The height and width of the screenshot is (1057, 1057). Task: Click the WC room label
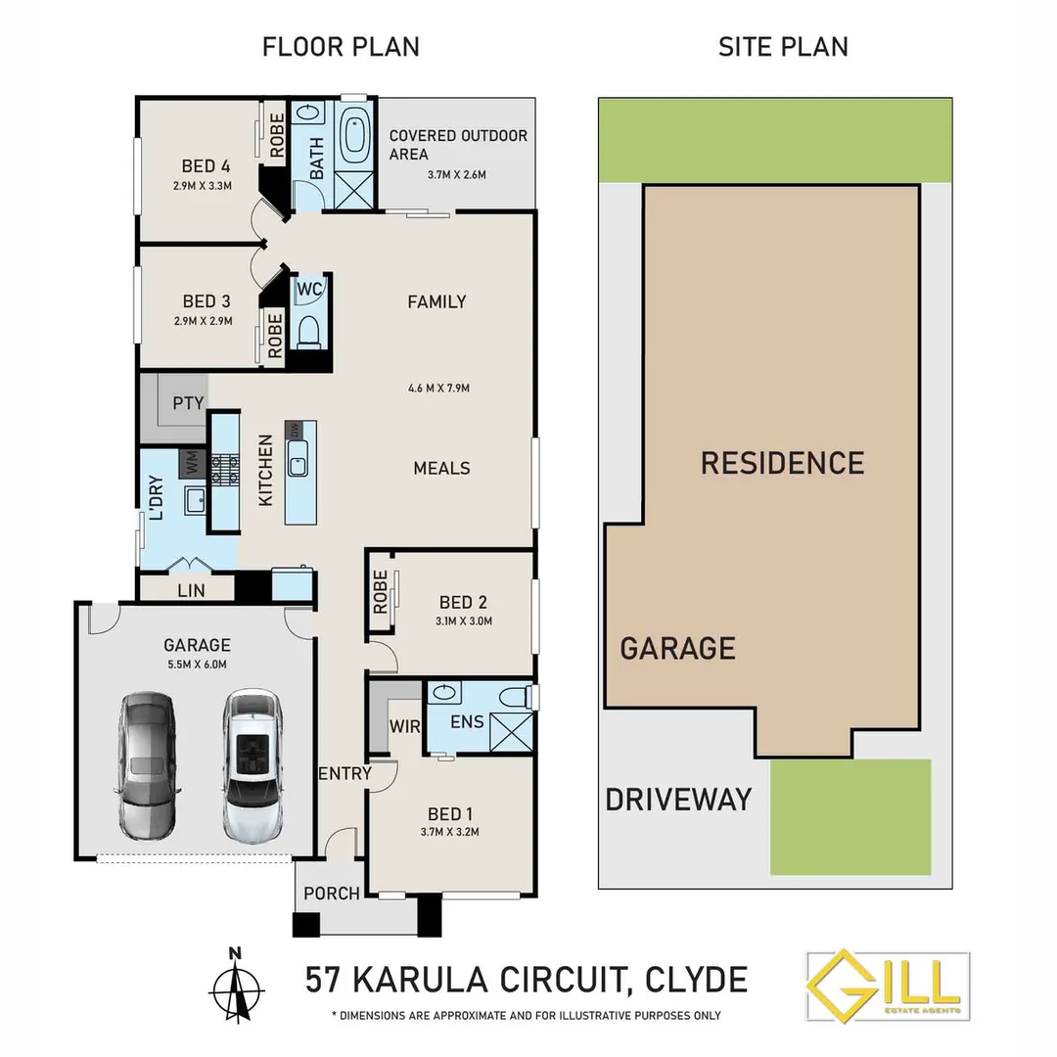click(x=310, y=290)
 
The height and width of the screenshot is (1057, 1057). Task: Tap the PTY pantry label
click(x=188, y=403)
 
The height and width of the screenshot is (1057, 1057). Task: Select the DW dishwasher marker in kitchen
click(x=294, y=430)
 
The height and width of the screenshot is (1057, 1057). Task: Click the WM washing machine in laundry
click(x=192, y=463)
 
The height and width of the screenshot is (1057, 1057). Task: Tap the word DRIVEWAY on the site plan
click(x=678, y=799)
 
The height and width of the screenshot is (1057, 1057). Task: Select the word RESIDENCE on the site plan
click(x=782, y=463)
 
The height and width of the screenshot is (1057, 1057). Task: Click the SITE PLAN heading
click(x=783, y=46)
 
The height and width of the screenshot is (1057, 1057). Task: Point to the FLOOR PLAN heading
click(x=341, y=46)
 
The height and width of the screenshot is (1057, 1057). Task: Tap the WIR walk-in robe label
click(x=403, y=727)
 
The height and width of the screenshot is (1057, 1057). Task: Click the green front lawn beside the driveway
click(x=850, y=817)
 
